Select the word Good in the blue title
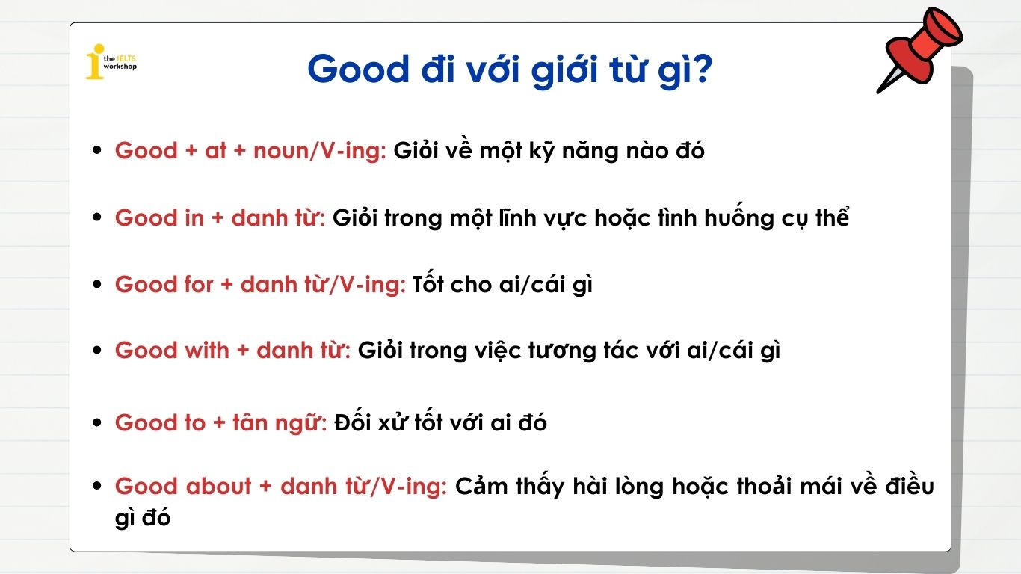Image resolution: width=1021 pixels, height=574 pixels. pos(358,70)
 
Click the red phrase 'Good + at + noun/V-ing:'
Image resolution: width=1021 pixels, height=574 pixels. pos(250,151)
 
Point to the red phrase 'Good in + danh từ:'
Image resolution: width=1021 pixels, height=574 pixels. pos(220,218)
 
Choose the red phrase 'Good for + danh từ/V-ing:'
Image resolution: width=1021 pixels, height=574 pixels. pos(260,285)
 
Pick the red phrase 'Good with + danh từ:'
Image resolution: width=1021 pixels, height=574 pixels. pos(232,351)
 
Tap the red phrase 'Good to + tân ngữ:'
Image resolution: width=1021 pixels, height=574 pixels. pos(220,423)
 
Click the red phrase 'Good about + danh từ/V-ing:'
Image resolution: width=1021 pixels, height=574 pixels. pos(281,487)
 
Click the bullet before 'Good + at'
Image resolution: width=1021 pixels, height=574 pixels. pos(96,151)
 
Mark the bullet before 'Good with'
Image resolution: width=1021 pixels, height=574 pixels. pos(96,351)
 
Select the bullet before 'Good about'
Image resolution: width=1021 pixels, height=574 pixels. pos(96,487)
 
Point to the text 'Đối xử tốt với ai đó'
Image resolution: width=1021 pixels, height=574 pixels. pos(440,423)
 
